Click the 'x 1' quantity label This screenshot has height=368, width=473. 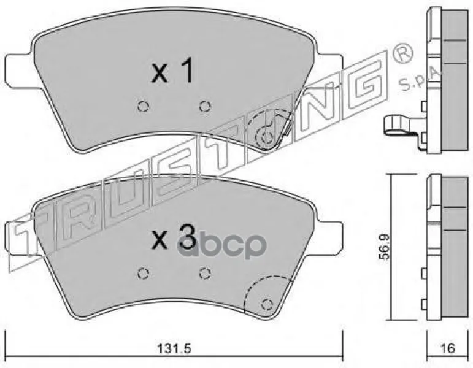(x=172, y=71)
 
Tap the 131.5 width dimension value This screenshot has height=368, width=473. (x=175, y=349)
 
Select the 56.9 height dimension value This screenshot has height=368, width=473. (x=385, y=247)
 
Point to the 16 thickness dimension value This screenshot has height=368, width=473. (x=448, y=349)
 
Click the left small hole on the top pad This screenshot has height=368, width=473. (x=143, y=106)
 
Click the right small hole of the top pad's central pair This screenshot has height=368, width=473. (x=205, y=106)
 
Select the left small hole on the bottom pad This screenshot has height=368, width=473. (x=143, y=274)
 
